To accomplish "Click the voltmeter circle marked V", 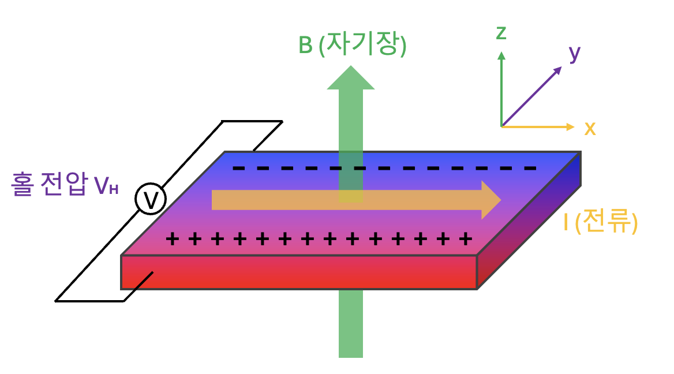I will tap(151, 200).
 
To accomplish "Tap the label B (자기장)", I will tap(352, 46).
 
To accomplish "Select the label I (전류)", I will tap(600, 223).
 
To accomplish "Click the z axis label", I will tap(501, 33).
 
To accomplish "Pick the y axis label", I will tap(574, 53).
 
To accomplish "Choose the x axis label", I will tap(589, 128).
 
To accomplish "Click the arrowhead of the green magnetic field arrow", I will tap(351, 78).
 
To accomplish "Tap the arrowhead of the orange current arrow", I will tap(490, 200).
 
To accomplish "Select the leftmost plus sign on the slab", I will tap(172, 238).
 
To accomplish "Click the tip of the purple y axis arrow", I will tap(560, 68).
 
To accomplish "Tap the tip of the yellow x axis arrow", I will tap(572, 126).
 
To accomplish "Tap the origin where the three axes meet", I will tap(501, 126).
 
